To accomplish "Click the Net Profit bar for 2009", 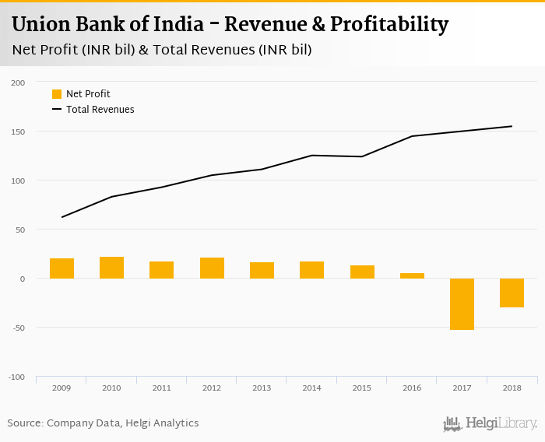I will point(62,268).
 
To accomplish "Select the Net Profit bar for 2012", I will point(212,268).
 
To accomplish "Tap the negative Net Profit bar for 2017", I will point(462,303).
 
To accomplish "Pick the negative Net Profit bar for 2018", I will point(512,293).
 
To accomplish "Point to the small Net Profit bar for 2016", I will point(412,275).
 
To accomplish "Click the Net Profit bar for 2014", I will point(311,270).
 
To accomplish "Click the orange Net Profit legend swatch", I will point(57,94).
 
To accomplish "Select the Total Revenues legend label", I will point(100,110).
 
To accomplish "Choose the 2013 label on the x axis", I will point(262,387).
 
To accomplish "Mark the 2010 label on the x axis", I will point(111,387).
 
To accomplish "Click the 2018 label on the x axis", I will point(512,387).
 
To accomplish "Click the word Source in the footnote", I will point(25,423).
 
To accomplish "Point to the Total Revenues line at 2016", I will point(412,136).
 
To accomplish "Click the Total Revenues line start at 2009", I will point(62,217).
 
